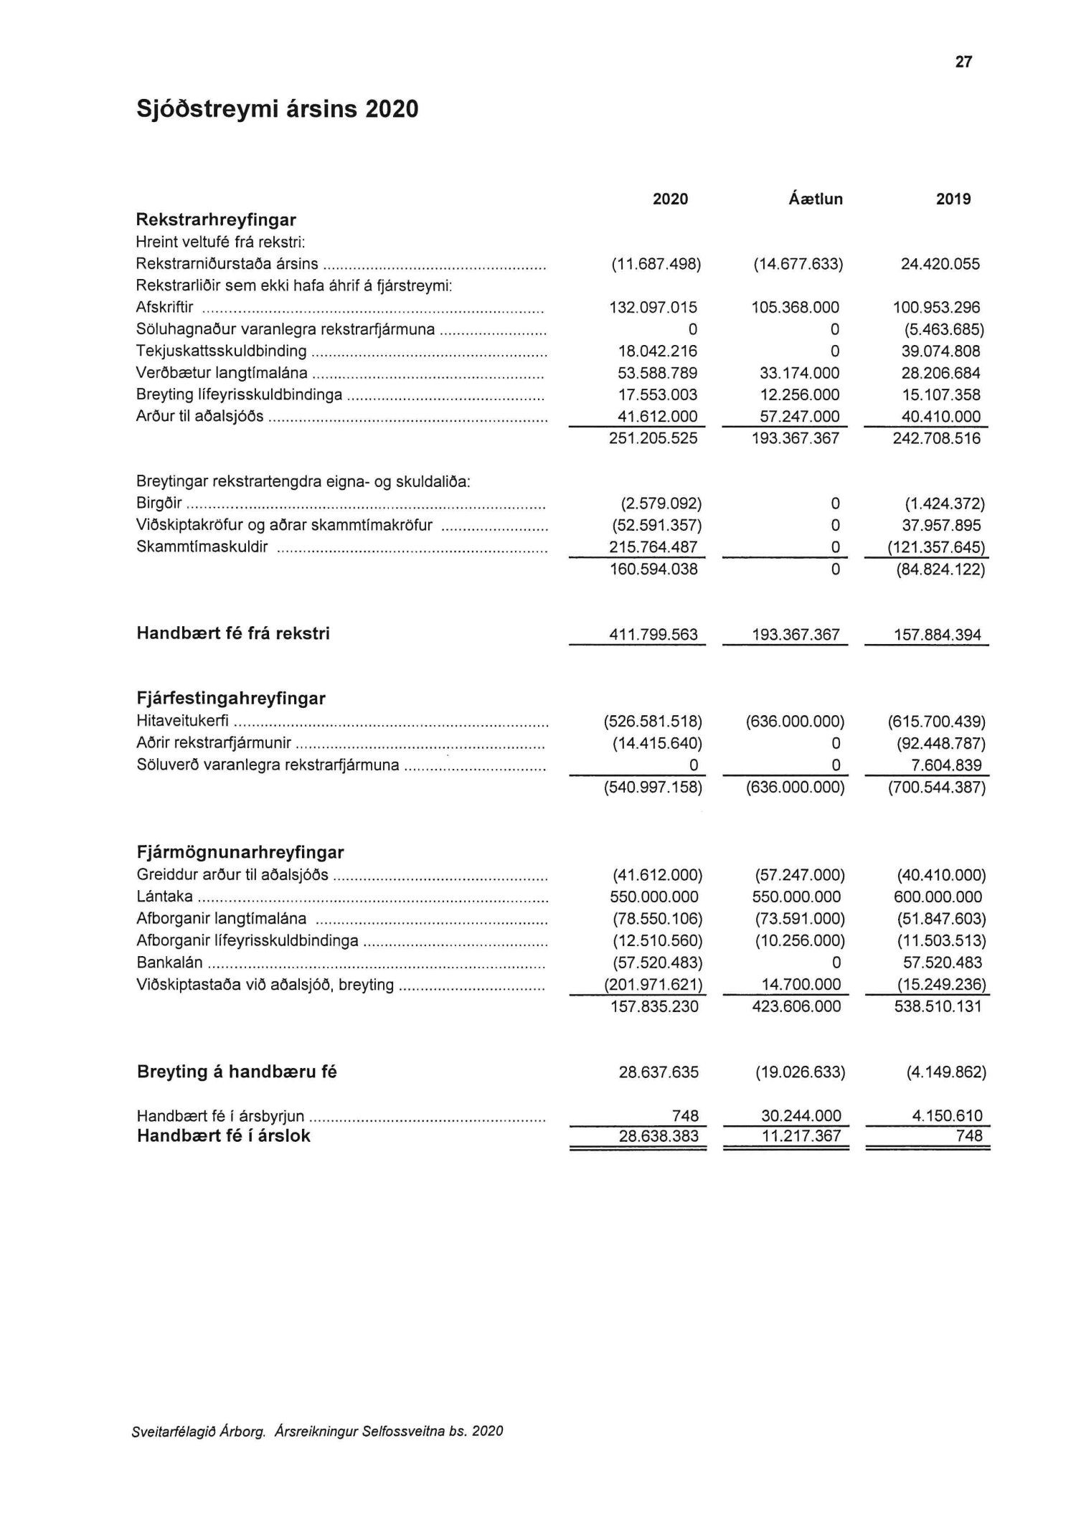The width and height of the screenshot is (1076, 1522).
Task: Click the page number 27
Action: click(x=963, y=62)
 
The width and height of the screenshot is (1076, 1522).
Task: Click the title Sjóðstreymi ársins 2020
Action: click(x=277, y=109)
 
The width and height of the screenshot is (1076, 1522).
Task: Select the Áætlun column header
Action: click(x=816, y=199)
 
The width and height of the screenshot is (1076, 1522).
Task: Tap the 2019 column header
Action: click(x=953, y=199)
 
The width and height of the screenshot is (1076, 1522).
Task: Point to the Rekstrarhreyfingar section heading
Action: click(x=216, y=219)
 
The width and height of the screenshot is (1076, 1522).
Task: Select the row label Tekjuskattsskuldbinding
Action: click(x=221, y=351)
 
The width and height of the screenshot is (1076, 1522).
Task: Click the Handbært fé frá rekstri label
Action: click(x=233, y=634)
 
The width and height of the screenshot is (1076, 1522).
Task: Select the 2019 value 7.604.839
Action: click(x=948, y=765)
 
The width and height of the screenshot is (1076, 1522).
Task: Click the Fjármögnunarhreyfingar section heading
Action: click(x=240, y=853)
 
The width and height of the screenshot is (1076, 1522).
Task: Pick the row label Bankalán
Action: click(x=169, y=963)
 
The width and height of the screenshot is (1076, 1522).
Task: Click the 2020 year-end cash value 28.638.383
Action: click(x=659, y=1136)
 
